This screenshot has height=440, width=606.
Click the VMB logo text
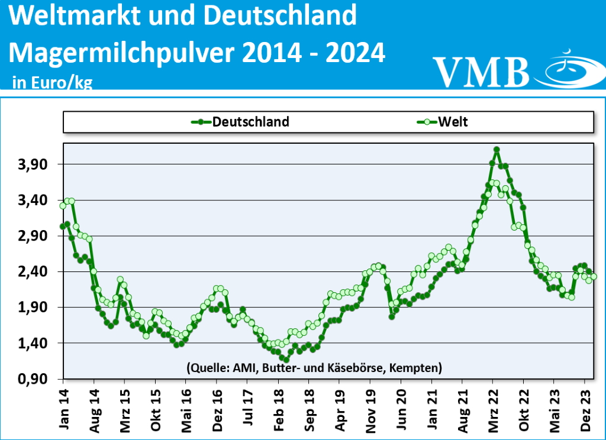(481, 71)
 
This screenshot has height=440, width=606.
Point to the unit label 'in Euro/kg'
(52, 82)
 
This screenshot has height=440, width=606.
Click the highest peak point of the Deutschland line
(497, 150)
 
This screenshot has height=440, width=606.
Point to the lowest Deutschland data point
(286, 360)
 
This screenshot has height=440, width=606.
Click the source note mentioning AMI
(314, 367)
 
